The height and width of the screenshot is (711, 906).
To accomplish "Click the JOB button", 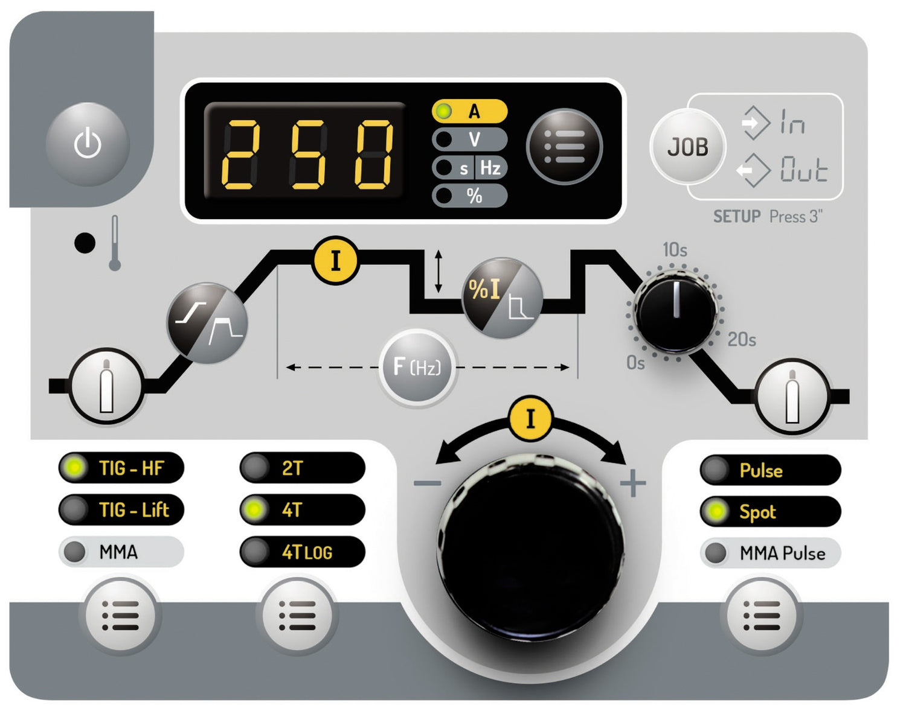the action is [x=687, y=146].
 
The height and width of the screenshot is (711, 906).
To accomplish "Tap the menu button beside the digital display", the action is [x=564, y=146].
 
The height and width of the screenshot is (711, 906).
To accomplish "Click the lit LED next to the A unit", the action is [x=443, y=111].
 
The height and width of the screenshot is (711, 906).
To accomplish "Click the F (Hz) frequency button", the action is [x=417, y=367].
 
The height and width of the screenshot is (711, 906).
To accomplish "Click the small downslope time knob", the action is [x=675, y=313].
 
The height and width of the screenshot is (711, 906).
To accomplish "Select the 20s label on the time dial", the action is [x=742, y=339].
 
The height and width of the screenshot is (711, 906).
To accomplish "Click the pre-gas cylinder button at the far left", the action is [x=106, y=386].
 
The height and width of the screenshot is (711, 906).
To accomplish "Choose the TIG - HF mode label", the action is [x=131, y=468].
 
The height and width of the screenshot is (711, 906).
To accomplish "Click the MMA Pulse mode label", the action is [x=783, y=553].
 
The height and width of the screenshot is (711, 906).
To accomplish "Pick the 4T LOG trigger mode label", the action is [x=307, y=552].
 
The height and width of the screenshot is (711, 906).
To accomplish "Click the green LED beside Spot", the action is [x=716, y=511].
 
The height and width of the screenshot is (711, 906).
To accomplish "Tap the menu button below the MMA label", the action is [x=120, y=615].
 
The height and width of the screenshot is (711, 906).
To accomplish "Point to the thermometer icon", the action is [x=115, y=243].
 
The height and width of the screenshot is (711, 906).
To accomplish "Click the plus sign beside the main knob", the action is [x=633, y=483].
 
